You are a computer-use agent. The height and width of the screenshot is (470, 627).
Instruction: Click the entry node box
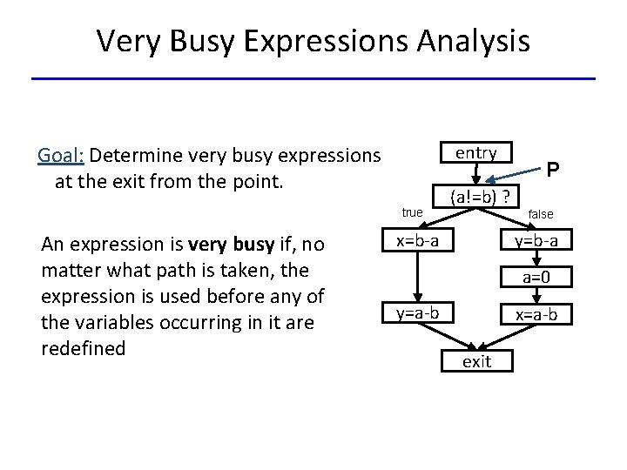point(475,153)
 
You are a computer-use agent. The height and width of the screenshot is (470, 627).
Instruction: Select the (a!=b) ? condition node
point(480,196)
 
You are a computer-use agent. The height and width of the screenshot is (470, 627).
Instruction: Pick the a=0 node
point(536,278)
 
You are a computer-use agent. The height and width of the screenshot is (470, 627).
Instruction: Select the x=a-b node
point(536,313)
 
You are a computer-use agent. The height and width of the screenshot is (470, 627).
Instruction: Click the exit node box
point(476,361)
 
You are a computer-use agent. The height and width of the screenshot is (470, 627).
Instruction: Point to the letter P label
point(553,170)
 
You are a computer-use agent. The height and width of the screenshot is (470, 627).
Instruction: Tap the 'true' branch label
point(412,212)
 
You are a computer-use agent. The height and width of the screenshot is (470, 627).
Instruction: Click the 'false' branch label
point(540,214)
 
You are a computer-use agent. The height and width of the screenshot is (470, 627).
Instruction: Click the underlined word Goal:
point(60,156)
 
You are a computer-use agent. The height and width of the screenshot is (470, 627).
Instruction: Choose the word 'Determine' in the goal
point(134,156)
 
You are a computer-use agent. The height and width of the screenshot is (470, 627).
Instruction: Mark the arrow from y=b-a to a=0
point(536,259)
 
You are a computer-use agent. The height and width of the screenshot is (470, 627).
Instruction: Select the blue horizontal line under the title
point(313,79)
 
